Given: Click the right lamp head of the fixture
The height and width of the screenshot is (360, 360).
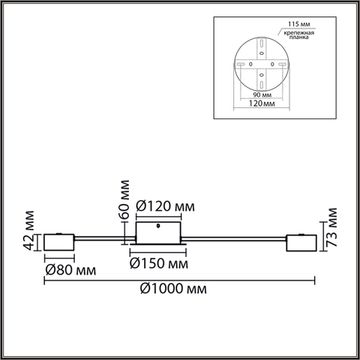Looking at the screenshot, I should tap(300, 241).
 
